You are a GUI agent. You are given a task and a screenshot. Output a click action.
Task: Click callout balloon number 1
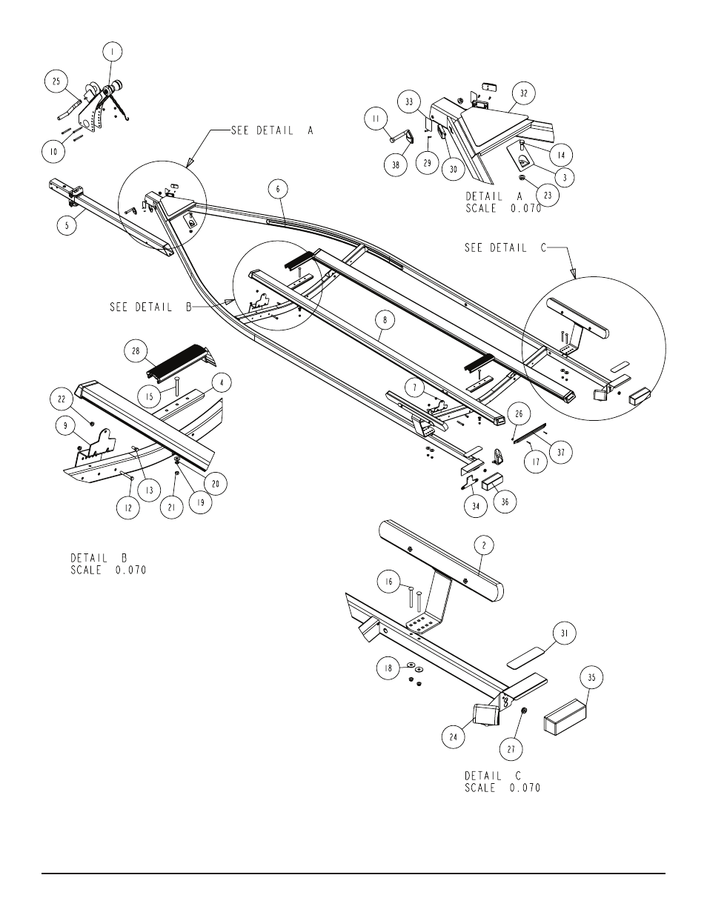click(x=112, y=52)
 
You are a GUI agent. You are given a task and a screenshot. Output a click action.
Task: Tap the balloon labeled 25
click(x=56, y=81)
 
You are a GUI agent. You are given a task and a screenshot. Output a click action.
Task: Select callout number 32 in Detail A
click(x=523, y=93)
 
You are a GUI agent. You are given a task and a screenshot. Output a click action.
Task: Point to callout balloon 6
click(x=278, y=190)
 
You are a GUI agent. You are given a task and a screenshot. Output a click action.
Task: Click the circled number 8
click(x=385, y=320)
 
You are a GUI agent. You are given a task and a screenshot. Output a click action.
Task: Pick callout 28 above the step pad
click(x=136, y=351)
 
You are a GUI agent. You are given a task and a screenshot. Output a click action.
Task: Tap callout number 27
click(x=511, y=749)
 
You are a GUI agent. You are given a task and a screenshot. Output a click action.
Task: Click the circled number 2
click(x=484, y=546)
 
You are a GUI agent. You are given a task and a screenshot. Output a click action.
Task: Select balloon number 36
click(x=505, y=502)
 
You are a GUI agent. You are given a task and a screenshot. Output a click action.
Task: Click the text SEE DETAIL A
click(x=272, y=130)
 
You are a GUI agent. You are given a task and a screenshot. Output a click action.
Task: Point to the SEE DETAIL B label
click(x=150, y=307)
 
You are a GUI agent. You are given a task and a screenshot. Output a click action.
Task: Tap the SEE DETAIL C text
click(x=505, y=247)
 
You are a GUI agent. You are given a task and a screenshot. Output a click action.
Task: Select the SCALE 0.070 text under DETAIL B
click(x=108, y=570)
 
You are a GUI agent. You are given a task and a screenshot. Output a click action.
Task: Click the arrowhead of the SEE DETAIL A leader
click(x=190, y=162)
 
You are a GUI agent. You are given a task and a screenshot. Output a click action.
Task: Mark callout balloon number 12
click(x=128, y=508)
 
